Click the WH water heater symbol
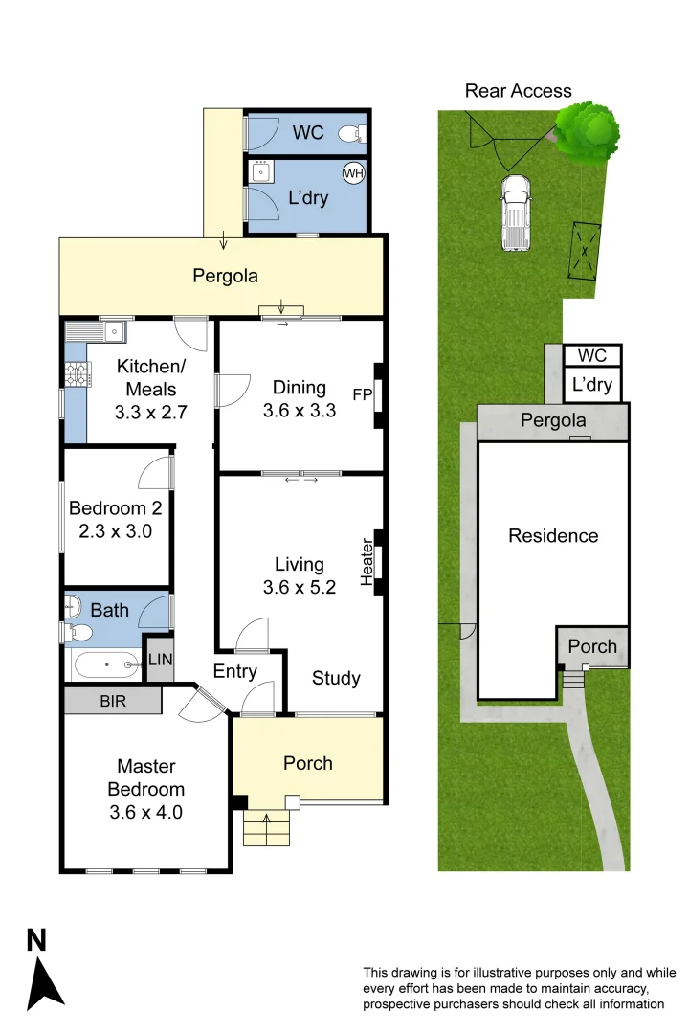pos(353,173)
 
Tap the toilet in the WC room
pos(356,134)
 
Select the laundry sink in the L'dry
pos(260,171)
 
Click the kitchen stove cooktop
pos(76,374)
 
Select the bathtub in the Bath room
pos(106,663)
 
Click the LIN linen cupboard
pos(159,660)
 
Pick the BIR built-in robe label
pos(113,701)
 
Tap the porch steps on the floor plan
pos(266,828)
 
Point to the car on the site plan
pos(515,213)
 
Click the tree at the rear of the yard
pos(587,131)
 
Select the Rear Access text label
pos(518,91)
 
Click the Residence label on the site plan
pos(553,536)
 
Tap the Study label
pos(337,678)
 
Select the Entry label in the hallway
pos(235,671)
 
